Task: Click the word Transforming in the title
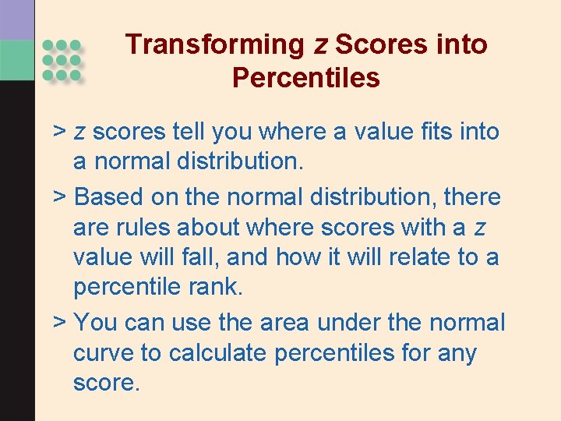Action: pos(215,44)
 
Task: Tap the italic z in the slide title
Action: pos(320,45)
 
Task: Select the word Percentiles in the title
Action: pos(305,78)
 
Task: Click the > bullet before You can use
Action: pos(58,322)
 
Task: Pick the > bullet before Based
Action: pos(58,196)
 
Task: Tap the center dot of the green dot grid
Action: pos(61,60)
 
